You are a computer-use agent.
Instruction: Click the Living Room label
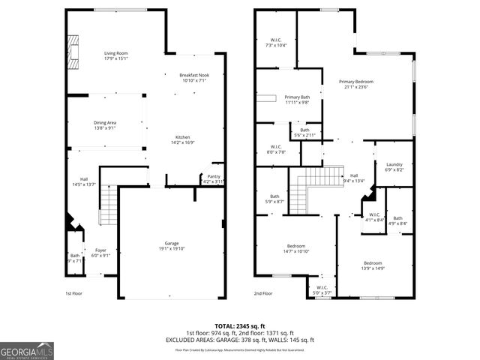[115, 53]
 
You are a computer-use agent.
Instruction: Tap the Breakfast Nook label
[193, 76]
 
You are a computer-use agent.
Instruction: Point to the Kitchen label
[183, 136]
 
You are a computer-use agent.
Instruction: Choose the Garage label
[172, 244]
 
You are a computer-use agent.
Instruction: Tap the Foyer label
[100, 250]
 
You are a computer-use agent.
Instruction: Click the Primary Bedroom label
[355, 81]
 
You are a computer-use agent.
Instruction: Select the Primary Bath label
[297, 97]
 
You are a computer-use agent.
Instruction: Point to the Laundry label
[394, 164]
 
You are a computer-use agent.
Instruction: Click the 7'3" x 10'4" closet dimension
[277, 45]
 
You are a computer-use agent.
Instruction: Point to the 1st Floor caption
[73, 293]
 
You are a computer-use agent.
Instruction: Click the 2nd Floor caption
[262, 293]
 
